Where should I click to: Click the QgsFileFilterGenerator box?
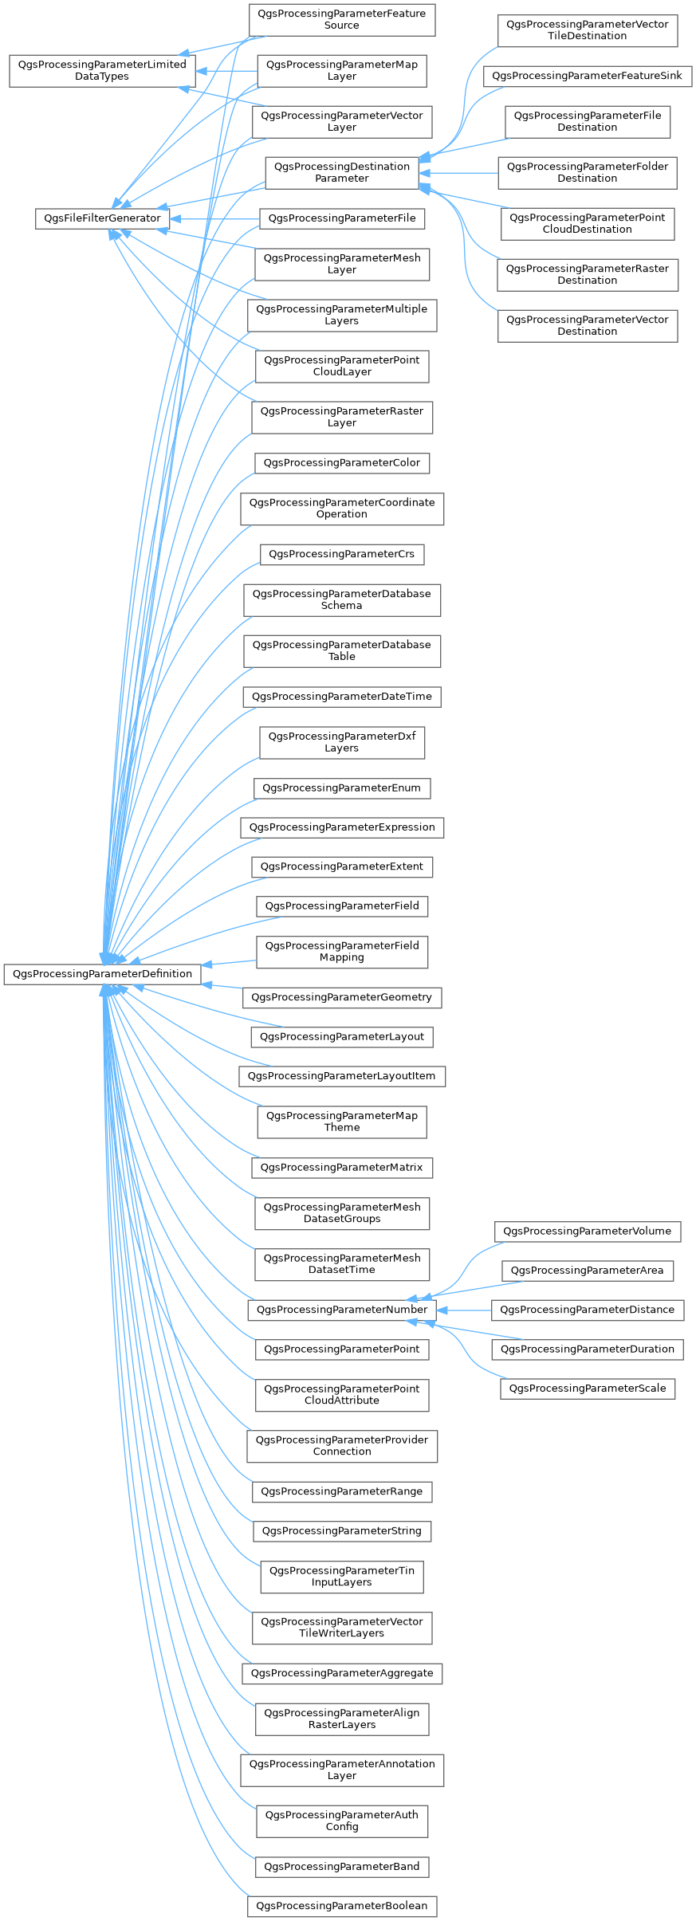click(102, 218)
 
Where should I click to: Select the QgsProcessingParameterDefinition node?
click(102, 974)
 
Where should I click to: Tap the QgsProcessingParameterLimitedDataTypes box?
click(102, 70)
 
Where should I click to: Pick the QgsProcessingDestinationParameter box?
click(341, 172)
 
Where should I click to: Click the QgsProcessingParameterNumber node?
click(341, 1310)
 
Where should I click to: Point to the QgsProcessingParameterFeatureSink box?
click(587, 76)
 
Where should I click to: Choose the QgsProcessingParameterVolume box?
click(587, 1232)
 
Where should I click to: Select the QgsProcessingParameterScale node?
click(587, 1389)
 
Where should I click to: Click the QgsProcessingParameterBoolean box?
click(341, 1906)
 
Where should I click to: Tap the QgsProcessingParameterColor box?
click(341, 463)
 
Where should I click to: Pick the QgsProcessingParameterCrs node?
click(341, 554)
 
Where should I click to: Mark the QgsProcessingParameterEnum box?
click(341, 788)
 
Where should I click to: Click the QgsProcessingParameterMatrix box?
click(341, 1168)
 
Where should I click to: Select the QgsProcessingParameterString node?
click(341, 1531)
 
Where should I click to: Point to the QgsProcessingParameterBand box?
click(341, 1867)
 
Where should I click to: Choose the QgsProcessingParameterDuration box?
click(587, 1349)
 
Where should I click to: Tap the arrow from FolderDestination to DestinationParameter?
click(458, 172)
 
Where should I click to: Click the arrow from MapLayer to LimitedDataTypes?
click(226, 71)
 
